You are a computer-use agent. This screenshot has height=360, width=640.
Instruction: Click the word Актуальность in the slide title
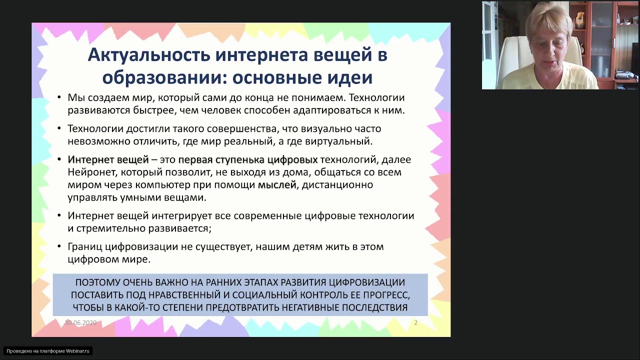point(148,55)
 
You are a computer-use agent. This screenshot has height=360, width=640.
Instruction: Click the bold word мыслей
point(277,185)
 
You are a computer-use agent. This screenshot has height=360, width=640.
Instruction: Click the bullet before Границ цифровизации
point(59,247)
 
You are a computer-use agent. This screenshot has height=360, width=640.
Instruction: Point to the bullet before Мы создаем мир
point(59,98)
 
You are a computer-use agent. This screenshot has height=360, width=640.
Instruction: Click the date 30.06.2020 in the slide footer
point(80,323)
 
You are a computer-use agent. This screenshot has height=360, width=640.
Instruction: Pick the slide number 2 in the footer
point(415,323)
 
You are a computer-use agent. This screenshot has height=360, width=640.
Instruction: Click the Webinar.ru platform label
point(48,351)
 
